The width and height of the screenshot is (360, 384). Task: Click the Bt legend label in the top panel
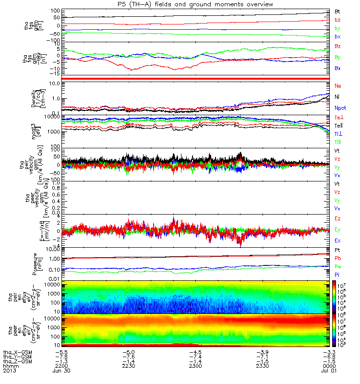337,11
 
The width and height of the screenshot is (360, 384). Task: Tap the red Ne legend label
338,85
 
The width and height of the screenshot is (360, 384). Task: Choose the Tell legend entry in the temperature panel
338,125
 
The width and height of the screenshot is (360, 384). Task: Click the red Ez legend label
338,218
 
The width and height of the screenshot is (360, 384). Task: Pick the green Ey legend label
338,229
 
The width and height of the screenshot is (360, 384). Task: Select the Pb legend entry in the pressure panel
338,259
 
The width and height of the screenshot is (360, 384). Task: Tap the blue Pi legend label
337,275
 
